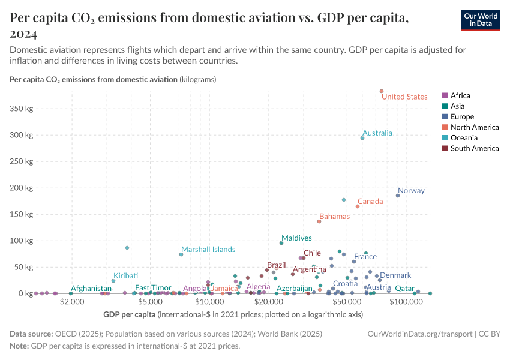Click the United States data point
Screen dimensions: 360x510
coord(381,91)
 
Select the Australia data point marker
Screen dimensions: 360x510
coord(362,138)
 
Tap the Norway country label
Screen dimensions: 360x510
coord(411,191)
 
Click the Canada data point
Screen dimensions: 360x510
coord(358,206)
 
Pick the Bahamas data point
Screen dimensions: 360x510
coord(319,221)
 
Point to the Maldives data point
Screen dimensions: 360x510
coord(281,243)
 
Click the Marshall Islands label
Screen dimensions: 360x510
coord(208,250)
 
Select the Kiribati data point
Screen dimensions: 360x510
coord(113,281)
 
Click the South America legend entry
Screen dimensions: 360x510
coord(474,149)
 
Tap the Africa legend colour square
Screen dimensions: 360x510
coord(445,95)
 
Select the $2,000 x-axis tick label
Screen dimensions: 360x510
coord(72,303)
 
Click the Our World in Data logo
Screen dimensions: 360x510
coord(480,20)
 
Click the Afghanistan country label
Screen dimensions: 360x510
coord(91,289)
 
